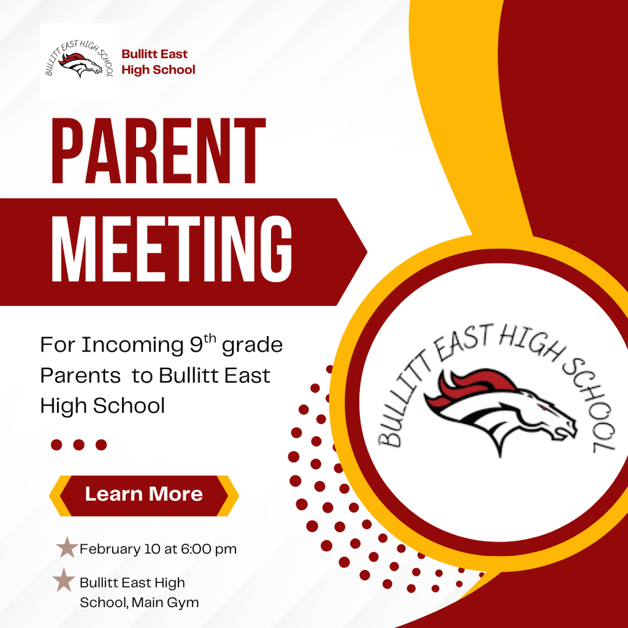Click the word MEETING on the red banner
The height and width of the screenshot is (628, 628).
tap(172, 251)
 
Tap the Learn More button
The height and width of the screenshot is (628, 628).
tap(144, 494)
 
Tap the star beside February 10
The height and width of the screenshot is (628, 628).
tap(66, 548)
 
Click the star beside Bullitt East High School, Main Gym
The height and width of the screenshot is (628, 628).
tap(64, 580)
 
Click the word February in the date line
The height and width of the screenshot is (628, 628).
tap(110, 549)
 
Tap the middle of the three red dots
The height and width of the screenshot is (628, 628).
tap(78, 445)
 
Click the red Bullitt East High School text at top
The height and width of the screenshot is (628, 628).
tap(158, 62)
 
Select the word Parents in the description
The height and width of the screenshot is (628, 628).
tap(80, 375)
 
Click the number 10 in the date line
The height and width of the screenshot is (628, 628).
tap(153, 549)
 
